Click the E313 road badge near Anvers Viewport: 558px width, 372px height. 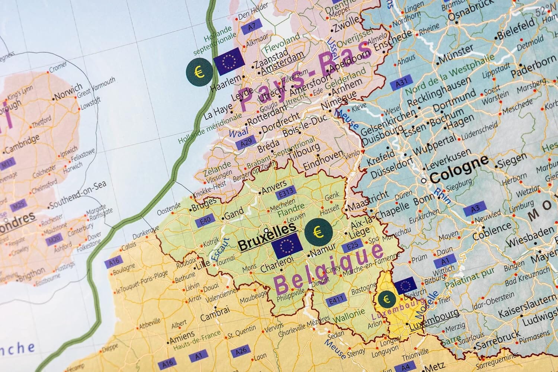coord(286,191)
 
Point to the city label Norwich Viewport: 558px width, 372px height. coord(68,92)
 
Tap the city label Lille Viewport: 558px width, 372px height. coord(203,262)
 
